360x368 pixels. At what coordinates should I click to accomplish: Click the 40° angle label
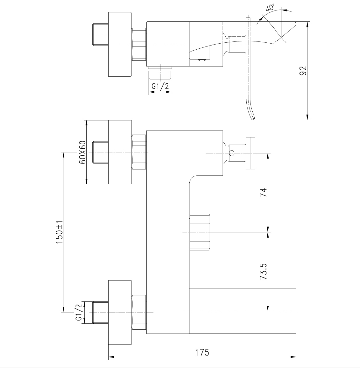click(270, 8)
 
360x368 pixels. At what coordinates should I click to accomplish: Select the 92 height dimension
click(303, 71)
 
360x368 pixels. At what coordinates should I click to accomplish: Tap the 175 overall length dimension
click(202, 352)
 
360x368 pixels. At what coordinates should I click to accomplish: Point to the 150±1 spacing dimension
click(59, 232)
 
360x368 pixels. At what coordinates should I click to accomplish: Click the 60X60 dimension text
click(83, 152)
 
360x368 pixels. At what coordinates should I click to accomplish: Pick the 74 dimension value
click(263, 192)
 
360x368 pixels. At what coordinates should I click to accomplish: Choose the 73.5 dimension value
click(263, 271)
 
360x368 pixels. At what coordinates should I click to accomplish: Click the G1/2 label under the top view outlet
click(160, 86)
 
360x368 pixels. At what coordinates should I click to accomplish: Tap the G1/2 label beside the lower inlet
click(79, 312)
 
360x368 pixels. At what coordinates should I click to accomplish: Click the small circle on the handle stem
click(232, 153)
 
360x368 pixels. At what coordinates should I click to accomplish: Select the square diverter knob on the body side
click(199, 232)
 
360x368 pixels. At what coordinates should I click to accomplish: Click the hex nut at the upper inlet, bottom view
click(139, 152)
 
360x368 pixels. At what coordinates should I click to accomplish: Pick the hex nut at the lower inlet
click(139, 312)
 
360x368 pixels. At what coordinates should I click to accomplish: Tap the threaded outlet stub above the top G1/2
click(160, 73)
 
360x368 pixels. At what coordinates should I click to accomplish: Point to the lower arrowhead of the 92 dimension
click(308, 117)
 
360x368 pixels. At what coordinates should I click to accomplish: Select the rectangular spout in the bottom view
click(242, 311)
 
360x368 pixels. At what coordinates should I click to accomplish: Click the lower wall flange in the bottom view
click(120, 312)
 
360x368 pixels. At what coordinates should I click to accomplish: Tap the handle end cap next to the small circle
click(251, 153)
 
